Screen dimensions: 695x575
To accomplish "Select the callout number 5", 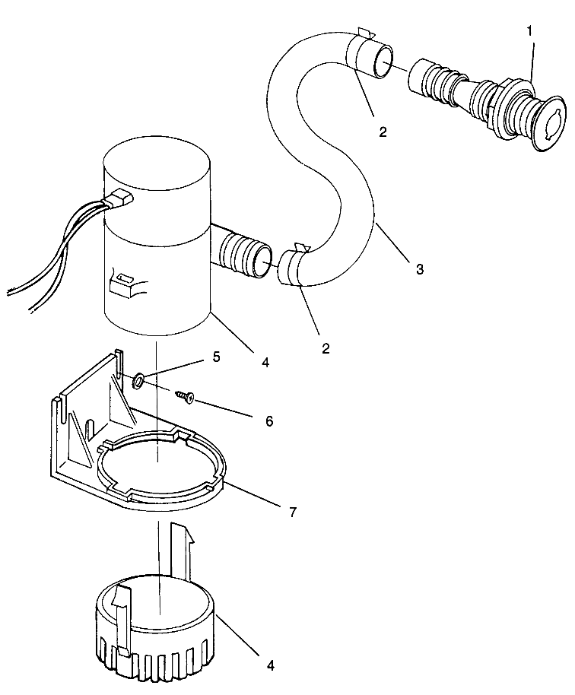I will (x=217, y=357).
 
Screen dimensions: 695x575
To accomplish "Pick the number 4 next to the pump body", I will (x=265, y=363).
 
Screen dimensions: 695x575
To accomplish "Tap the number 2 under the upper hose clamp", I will (x=383, y=132).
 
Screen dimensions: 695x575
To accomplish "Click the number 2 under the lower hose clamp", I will (x=326, y=349).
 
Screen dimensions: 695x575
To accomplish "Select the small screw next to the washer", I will (x=185, y=395).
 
